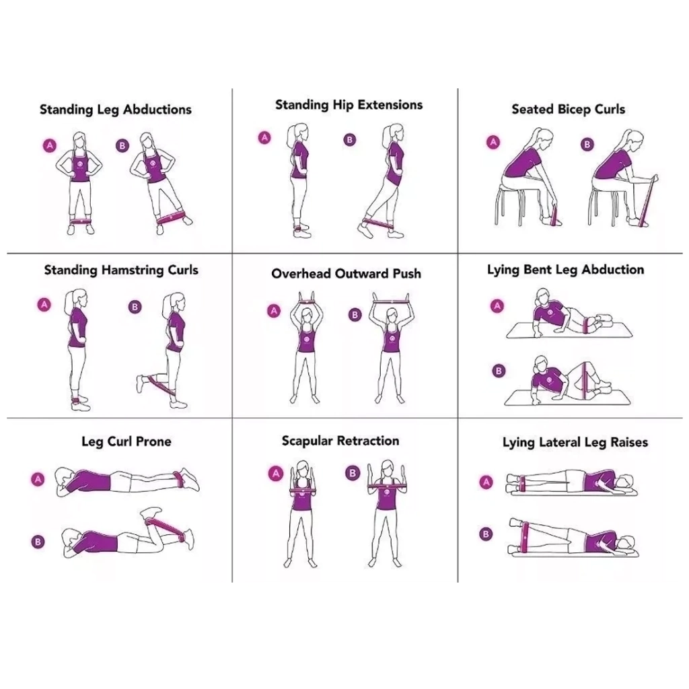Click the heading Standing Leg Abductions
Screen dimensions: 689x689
116,110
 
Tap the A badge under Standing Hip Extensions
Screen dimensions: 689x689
264,137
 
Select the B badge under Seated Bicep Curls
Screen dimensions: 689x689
587,145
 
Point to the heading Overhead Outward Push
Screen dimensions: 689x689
347,274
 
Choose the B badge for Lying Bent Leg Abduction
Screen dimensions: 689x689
499,371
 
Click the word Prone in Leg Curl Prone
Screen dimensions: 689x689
154,441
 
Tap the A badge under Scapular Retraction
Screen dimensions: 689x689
276,474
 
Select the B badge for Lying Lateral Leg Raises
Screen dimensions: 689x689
486,534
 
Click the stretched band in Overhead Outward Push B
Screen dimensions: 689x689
391,302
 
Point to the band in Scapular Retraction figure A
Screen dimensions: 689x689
301,491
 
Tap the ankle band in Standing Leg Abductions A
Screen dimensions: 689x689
81,222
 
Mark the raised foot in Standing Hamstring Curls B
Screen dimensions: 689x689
143,384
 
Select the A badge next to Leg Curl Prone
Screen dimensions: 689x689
38,479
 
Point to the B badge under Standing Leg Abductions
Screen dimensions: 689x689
122,145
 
